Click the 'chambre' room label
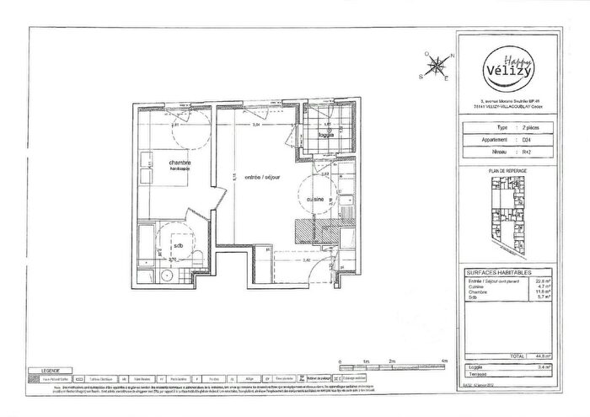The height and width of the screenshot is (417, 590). point(180,163)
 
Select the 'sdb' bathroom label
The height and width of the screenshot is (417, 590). point(178,245)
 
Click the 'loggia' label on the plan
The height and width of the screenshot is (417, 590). point(324,133)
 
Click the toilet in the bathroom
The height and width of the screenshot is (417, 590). point(196,256)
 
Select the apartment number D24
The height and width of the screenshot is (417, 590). point(527,141)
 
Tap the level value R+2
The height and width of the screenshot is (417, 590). point(527,152)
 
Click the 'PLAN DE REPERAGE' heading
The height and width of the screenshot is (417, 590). point(508,171)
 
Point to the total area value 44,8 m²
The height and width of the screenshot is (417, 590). point(544,356)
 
